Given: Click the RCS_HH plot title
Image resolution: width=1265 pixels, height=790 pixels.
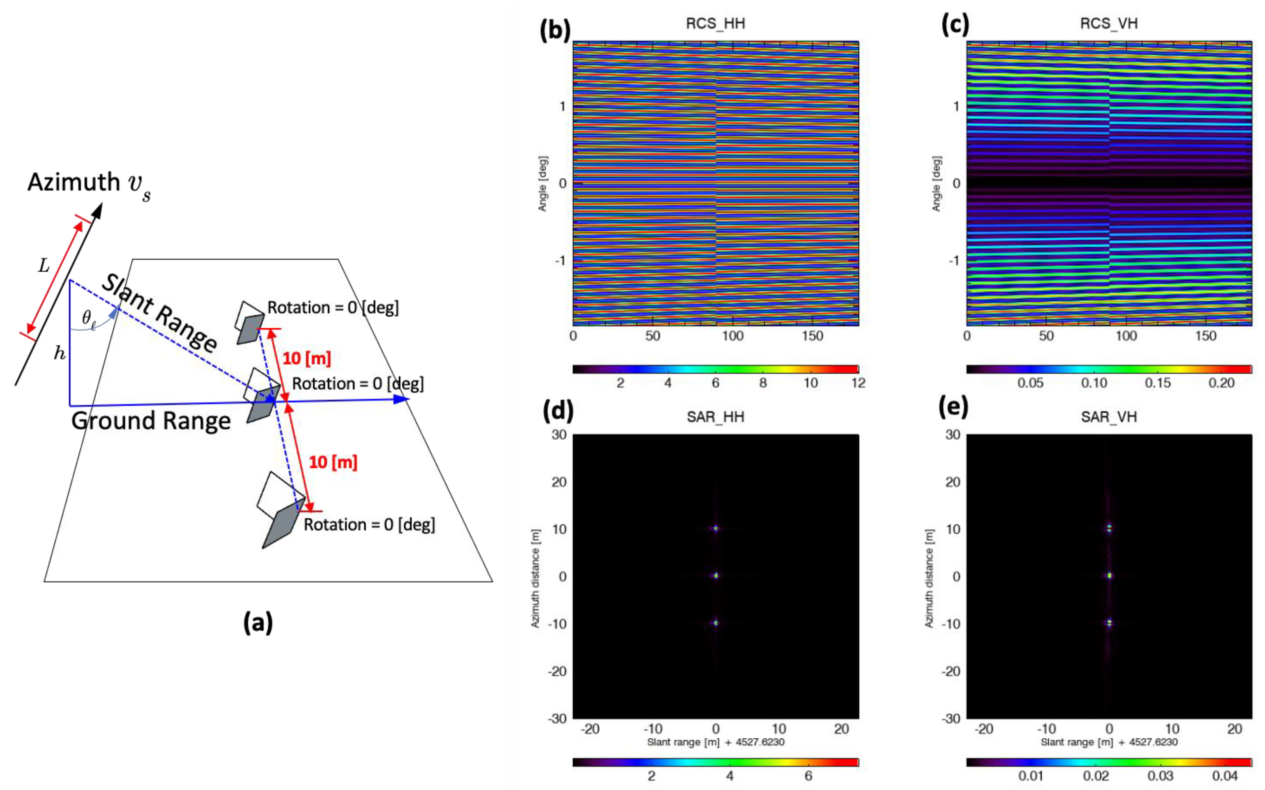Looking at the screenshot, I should [x=715, y=23].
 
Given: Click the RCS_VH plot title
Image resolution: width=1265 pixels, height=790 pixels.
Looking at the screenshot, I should [x=1109, y=23].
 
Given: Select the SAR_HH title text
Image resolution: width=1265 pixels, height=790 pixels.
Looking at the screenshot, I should [x=715, y=417].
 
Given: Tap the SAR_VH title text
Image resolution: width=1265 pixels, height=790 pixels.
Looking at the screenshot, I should [x=1109, y=417].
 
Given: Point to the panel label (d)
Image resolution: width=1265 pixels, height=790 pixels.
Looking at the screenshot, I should [x=558, y=411].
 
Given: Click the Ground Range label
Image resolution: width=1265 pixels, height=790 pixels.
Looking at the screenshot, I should [x=151, y=421].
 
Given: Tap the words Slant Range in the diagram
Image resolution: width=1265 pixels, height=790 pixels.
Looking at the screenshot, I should [x=159, y=313].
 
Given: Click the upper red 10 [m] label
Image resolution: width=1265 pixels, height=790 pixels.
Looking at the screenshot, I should [x=307, y=358].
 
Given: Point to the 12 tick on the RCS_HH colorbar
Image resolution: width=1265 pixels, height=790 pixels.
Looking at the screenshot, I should [x=858, y=383].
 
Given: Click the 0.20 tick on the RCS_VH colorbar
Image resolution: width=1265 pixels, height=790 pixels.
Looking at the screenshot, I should [x=1221, y=383].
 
